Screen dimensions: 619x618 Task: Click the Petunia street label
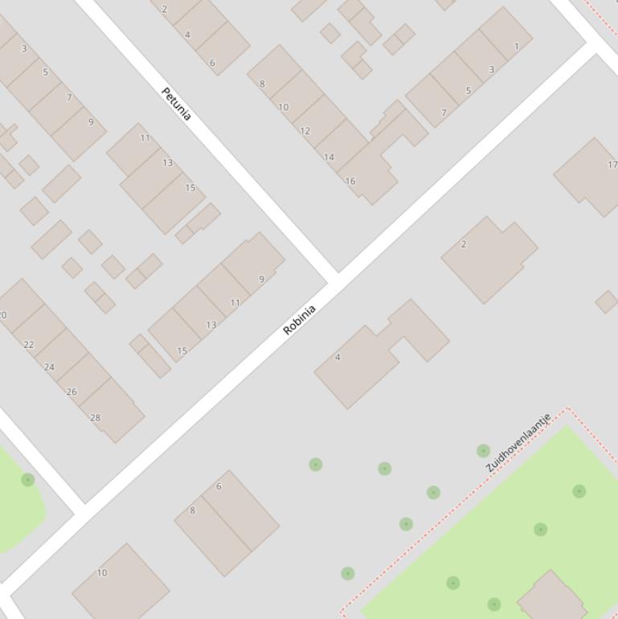click(x=176, y=104)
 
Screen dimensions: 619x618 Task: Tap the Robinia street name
click(x=300, y=320)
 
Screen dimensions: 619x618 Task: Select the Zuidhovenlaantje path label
click(x=518, y=443)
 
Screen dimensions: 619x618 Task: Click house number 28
click(x=96, y=417)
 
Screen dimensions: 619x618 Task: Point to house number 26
click(x=72, y=391)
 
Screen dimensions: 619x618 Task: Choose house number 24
click(x=49, y=367)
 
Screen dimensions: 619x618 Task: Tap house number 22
click(x=29, y=344)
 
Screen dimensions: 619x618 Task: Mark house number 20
click(x=3, y=314)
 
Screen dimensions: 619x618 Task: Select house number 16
click(x=350, y=181)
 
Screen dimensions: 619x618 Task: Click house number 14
click(x=329, y=157)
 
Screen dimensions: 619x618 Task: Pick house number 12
click(x=305, y=130)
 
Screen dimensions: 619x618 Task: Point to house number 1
click(x=516, y=46)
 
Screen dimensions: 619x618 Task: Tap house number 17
click(x=612, y=165)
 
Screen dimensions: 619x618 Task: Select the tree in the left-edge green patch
click(x=27, y=480)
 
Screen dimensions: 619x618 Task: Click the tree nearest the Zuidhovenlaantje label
click(x=483, y=451)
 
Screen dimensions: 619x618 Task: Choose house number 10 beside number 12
click(x=283, y=107)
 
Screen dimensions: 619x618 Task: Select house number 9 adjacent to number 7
click(x=91, y=122)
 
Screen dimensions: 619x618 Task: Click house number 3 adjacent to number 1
click(x=492, y=69)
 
